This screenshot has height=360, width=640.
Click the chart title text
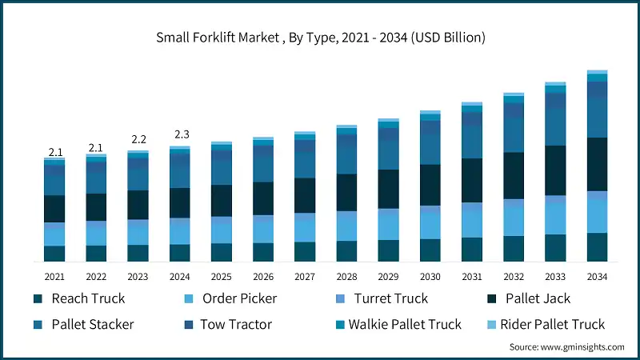coord(320,38)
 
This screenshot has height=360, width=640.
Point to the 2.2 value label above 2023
coord(138,139)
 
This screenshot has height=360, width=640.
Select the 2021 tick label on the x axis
coord(54,277)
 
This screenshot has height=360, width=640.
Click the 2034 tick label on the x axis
coord(597,277)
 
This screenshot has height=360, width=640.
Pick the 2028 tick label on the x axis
coord(346,277)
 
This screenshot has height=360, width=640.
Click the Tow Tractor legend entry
coord(235,324)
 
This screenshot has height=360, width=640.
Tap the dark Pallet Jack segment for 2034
coord(597,164)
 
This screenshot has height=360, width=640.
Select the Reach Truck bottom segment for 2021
coord(54,254)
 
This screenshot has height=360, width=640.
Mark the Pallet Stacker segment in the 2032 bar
coord(514,134)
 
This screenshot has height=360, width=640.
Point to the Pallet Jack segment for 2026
coord(263,198)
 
